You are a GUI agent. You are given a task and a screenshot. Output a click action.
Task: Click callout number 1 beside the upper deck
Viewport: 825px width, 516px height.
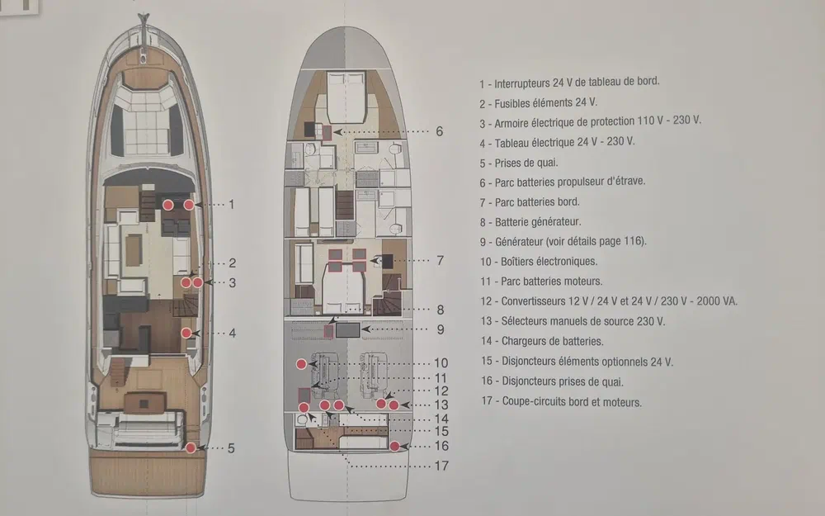(x=231, y=204)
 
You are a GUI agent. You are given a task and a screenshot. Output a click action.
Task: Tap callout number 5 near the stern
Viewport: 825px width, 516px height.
(x=231, y=448)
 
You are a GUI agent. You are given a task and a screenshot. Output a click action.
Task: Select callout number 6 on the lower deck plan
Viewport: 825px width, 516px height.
(x=440, y=131)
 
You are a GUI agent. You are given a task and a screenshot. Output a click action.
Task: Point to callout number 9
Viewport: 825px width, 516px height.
(x=441, y=329)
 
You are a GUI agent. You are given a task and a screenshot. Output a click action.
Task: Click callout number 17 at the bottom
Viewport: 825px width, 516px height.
(x=441, y=466)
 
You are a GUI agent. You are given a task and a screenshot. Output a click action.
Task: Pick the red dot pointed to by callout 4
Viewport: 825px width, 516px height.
(x=186, y=333)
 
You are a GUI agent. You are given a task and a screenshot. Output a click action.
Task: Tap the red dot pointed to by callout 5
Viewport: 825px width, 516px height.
(x=191, y=447)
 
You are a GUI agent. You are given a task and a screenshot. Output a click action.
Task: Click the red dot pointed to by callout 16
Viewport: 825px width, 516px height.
(x=394, y=446)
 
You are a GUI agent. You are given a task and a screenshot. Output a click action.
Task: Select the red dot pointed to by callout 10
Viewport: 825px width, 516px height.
(x=301, y=364)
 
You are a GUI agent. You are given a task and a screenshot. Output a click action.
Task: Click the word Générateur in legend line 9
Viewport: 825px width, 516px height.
(x=519, y=242)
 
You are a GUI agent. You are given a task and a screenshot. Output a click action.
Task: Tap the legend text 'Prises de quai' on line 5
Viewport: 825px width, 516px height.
(x=526, y=163)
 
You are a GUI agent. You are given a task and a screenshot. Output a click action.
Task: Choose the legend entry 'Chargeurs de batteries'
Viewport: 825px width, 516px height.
(x=552, y=341)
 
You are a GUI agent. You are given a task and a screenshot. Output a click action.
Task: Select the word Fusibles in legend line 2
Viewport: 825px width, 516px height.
(x=512, y=103)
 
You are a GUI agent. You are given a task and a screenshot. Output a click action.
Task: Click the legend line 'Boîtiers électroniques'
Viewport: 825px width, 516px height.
(x=549, y=261)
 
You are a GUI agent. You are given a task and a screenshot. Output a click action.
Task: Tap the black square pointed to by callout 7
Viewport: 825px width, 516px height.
(x=388, y=261)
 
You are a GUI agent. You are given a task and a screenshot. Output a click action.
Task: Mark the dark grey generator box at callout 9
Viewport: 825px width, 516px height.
(x=348, y=330)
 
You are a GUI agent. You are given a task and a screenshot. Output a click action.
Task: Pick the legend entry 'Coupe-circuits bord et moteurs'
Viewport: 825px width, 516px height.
(x=572, y=402)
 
